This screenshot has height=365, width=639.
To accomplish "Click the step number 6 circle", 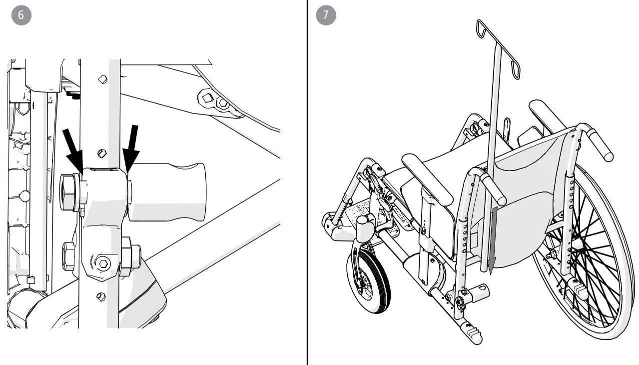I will (x=20, y=15).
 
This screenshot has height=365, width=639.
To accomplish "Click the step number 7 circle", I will (x=326, y=15).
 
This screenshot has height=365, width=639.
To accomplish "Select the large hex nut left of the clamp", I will (x=69, y=191).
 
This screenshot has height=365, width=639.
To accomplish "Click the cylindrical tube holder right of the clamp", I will (x=167, y=191).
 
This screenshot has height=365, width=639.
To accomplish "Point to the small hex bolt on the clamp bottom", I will (x=103, y=263).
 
